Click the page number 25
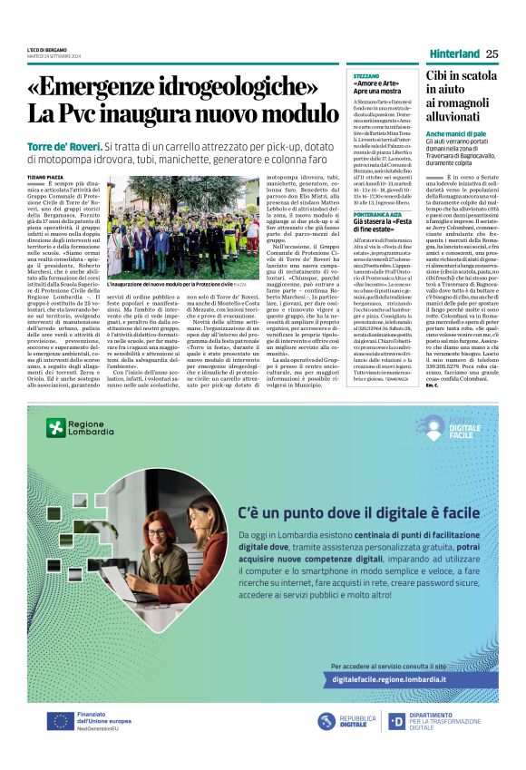click(492, 54)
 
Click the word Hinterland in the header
click(454, 54)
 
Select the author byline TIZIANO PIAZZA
click(46, 178)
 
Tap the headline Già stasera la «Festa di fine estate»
click(385, 227)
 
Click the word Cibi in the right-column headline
click(437, 78)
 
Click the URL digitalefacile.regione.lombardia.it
click(389, 678)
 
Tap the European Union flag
click(62, 720)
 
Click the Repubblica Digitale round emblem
click(326, 721)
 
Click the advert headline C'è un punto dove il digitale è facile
click(344, 514)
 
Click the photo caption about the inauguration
click(168, 284)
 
